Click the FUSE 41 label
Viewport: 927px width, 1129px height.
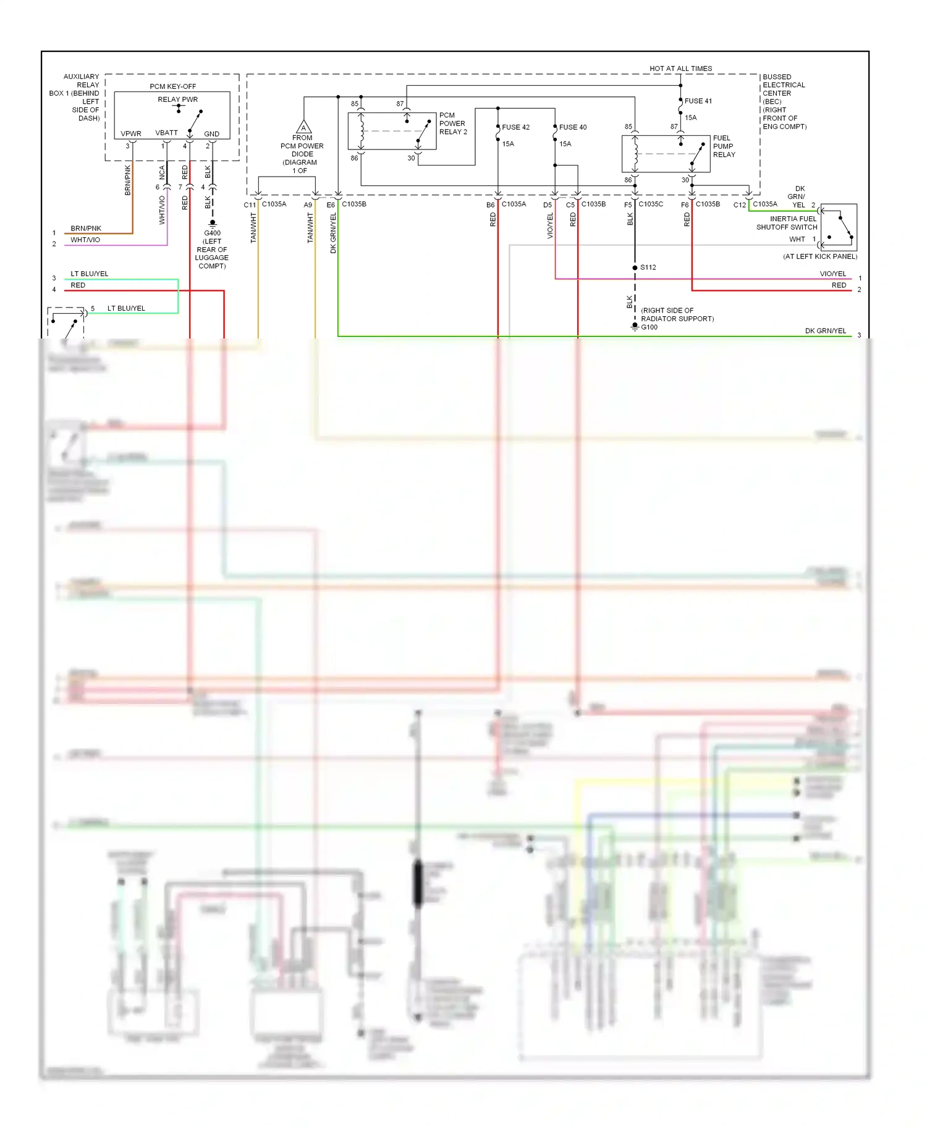click(698, 101)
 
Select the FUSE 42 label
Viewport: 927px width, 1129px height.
click(515, 127)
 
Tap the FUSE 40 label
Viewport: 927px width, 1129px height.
click(573, 127)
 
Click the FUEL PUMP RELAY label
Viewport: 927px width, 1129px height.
click(724, 146)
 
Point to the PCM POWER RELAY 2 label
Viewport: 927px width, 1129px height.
click(453, 124)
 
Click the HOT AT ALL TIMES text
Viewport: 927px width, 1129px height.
click(680, 69)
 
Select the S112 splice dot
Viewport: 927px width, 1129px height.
click(635, 267)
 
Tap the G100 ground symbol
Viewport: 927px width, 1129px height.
click(635, 327)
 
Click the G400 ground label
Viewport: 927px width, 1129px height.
click(212, 233)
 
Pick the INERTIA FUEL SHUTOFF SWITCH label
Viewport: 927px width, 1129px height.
click(787, 223)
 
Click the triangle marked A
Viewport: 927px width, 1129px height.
click(303, 128)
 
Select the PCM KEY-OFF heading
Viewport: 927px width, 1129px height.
click(172, 86)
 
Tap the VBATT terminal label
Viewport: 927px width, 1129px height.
click(166, 133)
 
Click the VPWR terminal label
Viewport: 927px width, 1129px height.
click(131, 133)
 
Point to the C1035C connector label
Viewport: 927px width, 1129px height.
click(651, 204)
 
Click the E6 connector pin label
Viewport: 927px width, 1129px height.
click(331, 205)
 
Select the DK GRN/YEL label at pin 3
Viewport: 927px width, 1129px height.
click(825, 331)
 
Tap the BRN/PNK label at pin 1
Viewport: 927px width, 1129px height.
click(86, 229)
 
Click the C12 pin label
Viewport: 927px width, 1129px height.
click(739, 205)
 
